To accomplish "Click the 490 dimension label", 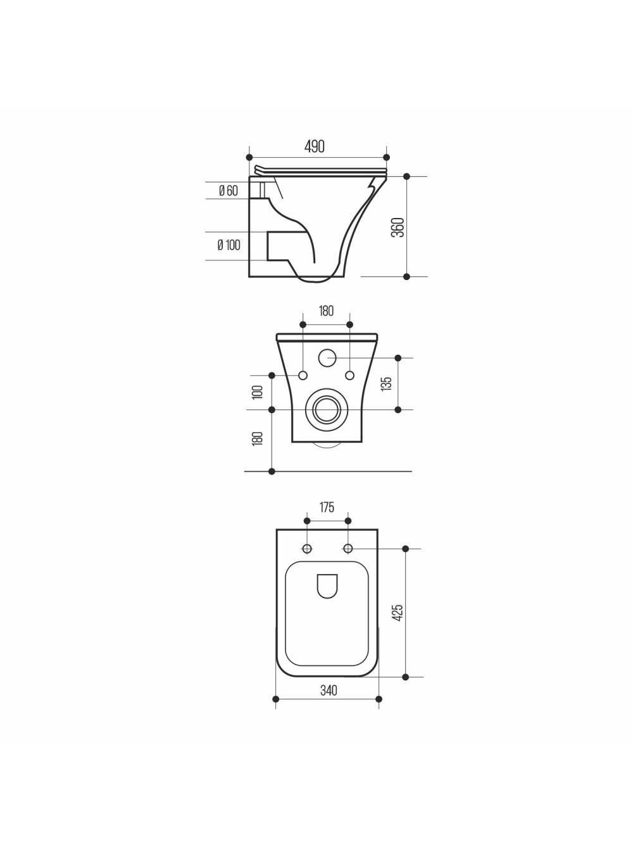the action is point(315,146).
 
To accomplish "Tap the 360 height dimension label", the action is point(398,227).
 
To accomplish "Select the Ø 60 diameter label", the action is point(229,191).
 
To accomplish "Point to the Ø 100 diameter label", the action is point(229,245).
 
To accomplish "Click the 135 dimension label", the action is point(387,384).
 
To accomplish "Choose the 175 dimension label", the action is point(327,507).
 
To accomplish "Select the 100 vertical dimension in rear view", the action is point(257,392).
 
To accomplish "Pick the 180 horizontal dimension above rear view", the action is point(326,311).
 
